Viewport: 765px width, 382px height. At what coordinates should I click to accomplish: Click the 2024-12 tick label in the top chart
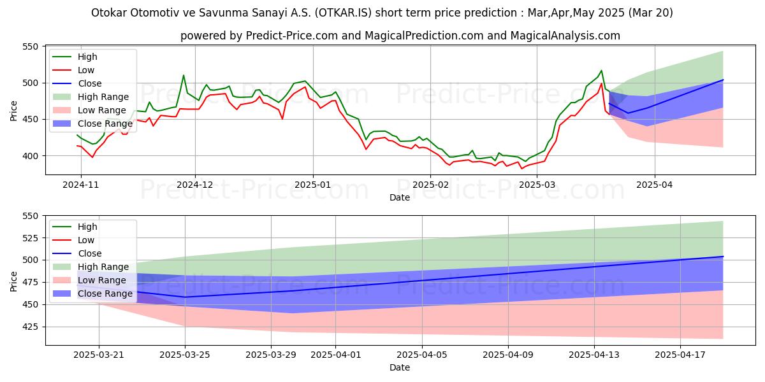[195, 185]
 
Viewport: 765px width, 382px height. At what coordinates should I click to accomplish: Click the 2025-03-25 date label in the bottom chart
[185, 355]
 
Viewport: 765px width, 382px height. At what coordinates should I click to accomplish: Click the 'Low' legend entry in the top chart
[86, 70]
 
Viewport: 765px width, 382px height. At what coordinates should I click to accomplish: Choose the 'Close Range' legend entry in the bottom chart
[105, 294]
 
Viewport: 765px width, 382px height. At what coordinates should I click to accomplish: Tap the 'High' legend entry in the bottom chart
[87, 227]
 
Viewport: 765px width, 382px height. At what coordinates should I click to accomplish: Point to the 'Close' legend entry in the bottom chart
[89, 253]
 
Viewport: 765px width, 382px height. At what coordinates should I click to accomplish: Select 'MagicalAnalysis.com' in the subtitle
[566, 36]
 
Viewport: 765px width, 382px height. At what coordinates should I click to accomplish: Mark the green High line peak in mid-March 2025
[601, 71]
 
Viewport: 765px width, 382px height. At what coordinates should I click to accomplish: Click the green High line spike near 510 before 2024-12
[184, 75]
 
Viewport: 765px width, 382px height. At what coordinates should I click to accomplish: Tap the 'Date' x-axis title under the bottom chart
[400, 368]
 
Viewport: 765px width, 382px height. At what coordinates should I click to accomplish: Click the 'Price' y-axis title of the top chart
[14, 111]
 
